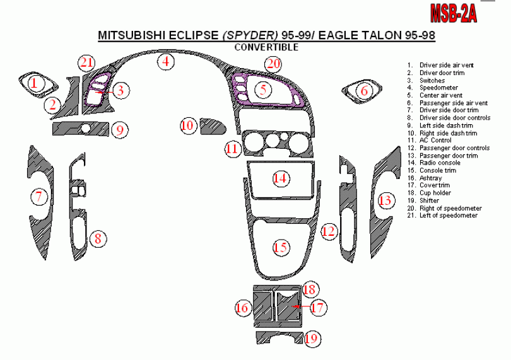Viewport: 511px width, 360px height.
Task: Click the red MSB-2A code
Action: click(452, 13)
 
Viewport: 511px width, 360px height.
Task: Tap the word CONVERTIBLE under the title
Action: click(266, 47)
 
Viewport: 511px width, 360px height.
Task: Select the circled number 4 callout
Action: click(166, 62)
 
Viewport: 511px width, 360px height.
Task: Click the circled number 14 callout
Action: click(281, 178)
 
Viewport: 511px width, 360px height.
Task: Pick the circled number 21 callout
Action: click(87, 62)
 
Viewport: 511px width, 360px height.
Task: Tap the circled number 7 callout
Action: click(39, 197)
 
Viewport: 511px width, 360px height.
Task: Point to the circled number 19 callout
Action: click(310, 339)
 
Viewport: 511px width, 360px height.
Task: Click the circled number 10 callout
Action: click(187, 125)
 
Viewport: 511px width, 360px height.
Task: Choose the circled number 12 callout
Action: click(328, 231)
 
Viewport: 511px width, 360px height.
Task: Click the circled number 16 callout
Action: click(243, 308)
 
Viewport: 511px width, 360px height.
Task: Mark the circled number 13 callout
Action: click(385, 200)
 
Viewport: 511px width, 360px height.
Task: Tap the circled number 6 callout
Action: click(364, 91)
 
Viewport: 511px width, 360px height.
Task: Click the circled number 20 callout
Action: click(273, 64)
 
